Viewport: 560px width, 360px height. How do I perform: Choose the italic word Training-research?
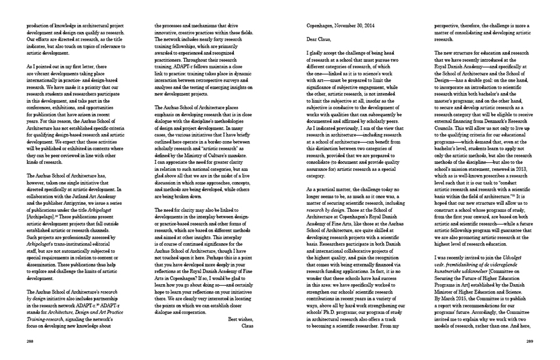pos(45,314)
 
